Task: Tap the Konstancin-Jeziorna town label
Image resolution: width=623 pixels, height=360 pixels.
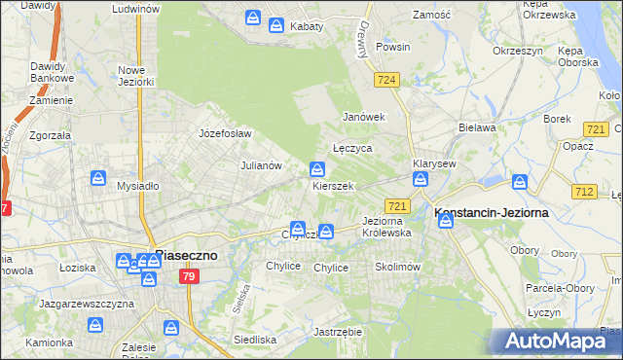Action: click(x=491, y=212)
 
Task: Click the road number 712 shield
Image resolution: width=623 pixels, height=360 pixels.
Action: click(x=585, y=192)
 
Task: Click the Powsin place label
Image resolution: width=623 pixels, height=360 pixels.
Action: click(x=392, y=46)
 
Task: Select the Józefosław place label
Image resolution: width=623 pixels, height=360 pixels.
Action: click(x=225, y=133)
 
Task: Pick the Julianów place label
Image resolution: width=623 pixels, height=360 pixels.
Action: click(x=261, y=165)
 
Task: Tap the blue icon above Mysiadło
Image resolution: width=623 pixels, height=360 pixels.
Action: click(x=99, y=178)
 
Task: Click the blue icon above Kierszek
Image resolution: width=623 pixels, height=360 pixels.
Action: click(x=317, y=168)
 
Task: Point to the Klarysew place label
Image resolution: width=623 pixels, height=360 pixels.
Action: click(x=434, y=163)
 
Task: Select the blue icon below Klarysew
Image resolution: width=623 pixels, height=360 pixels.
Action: click(x=421, y=179)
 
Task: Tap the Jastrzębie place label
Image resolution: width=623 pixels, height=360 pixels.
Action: click(x=338, y=331)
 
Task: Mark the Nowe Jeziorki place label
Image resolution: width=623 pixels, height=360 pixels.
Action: click(x=136, y=76)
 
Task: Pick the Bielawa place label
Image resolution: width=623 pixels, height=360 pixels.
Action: click(x=477, y=127)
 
